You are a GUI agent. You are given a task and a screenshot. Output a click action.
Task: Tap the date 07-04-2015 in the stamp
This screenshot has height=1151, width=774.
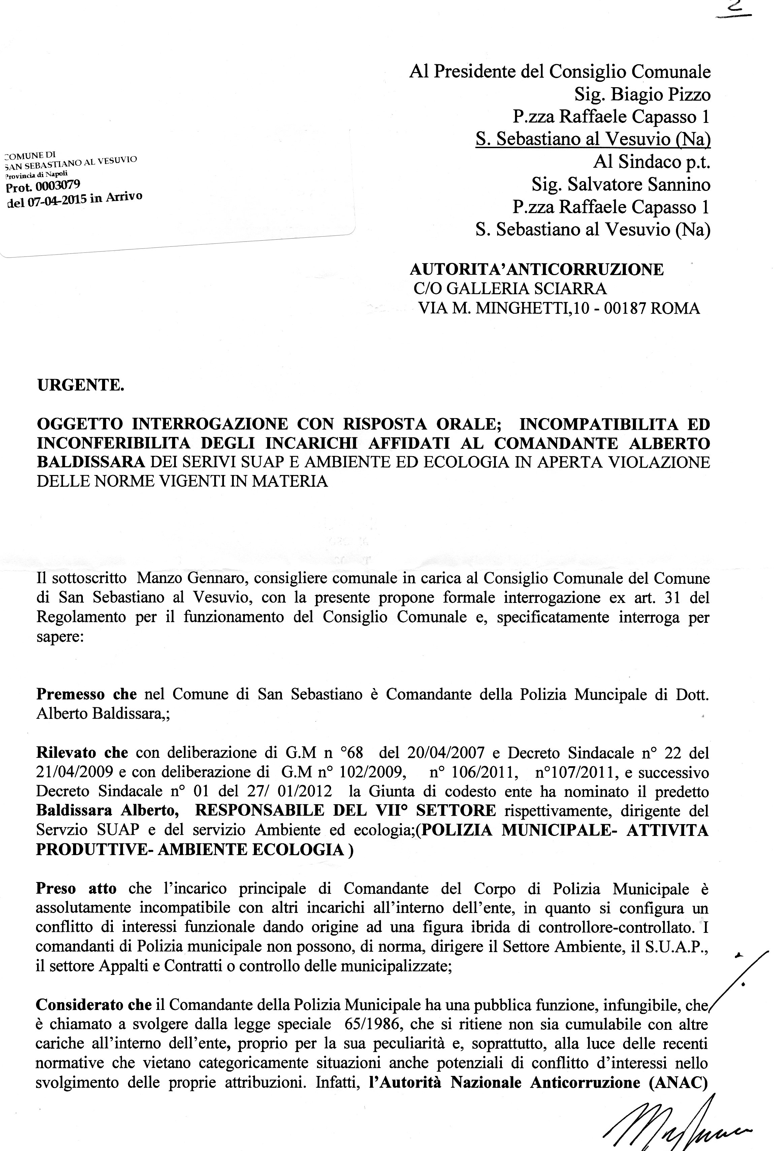59,201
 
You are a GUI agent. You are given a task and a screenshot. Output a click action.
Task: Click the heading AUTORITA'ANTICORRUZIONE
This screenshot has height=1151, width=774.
537,269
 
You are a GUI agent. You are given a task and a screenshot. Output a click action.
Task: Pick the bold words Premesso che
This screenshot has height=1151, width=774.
86,694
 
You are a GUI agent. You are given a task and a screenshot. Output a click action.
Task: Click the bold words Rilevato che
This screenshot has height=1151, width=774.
82,753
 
